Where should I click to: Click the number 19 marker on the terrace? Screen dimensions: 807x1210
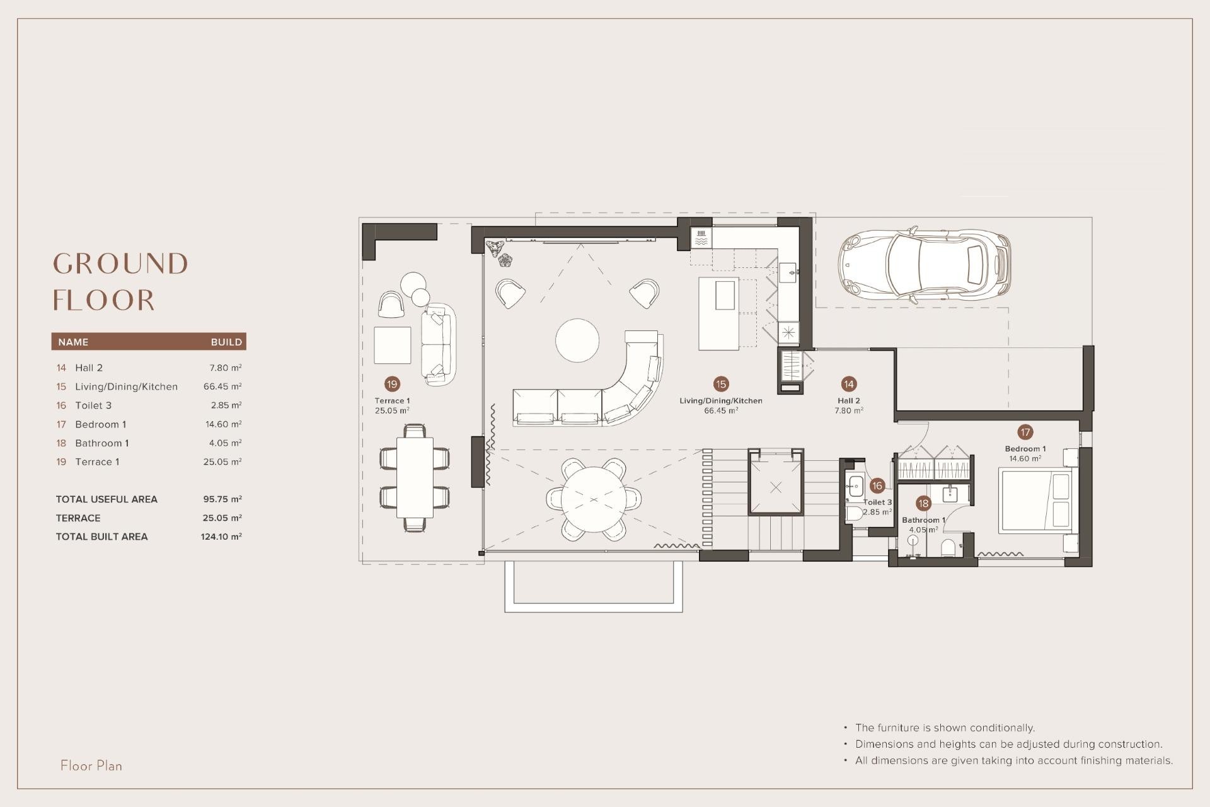392,384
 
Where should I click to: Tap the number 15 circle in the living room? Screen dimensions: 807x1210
721,384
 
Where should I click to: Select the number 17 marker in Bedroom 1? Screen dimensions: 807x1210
1025,432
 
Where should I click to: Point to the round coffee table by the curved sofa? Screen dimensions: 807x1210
577,340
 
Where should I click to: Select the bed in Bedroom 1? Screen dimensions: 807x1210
1036,499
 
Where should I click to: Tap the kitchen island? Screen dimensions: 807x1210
718,313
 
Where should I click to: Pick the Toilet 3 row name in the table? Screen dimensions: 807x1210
93,405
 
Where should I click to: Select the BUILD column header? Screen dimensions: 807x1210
226,342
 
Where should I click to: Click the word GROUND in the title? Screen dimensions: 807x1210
120,264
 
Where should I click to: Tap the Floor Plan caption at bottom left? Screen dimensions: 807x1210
91,765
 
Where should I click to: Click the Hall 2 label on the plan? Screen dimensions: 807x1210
848,401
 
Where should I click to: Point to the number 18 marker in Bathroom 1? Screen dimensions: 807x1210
923,503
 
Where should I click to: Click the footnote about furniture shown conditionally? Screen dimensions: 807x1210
945,728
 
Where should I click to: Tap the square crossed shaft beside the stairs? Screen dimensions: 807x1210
776,487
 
